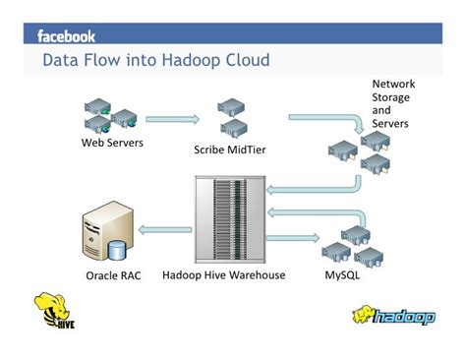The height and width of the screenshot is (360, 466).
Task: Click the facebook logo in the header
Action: point(66,36)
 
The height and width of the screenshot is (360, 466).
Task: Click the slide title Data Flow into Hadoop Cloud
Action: point(155,62)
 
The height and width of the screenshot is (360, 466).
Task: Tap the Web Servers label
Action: point(112,144)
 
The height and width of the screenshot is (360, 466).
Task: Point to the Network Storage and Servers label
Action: point(390,103)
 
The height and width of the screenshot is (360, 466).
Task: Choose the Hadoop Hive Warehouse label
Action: point(223,275)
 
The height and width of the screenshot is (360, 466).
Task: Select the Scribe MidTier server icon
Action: point(231,119)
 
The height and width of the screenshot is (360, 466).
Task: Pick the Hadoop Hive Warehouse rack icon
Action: point(229,219)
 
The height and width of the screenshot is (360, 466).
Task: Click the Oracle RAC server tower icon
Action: point(101,235)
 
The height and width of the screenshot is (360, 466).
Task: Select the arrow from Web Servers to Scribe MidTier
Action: point(171,120)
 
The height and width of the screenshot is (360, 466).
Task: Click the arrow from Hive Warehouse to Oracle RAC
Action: point(164,230)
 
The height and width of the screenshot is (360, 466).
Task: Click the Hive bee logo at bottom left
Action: point(55,312)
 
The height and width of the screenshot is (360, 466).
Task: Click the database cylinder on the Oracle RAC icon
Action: point(117,250)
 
